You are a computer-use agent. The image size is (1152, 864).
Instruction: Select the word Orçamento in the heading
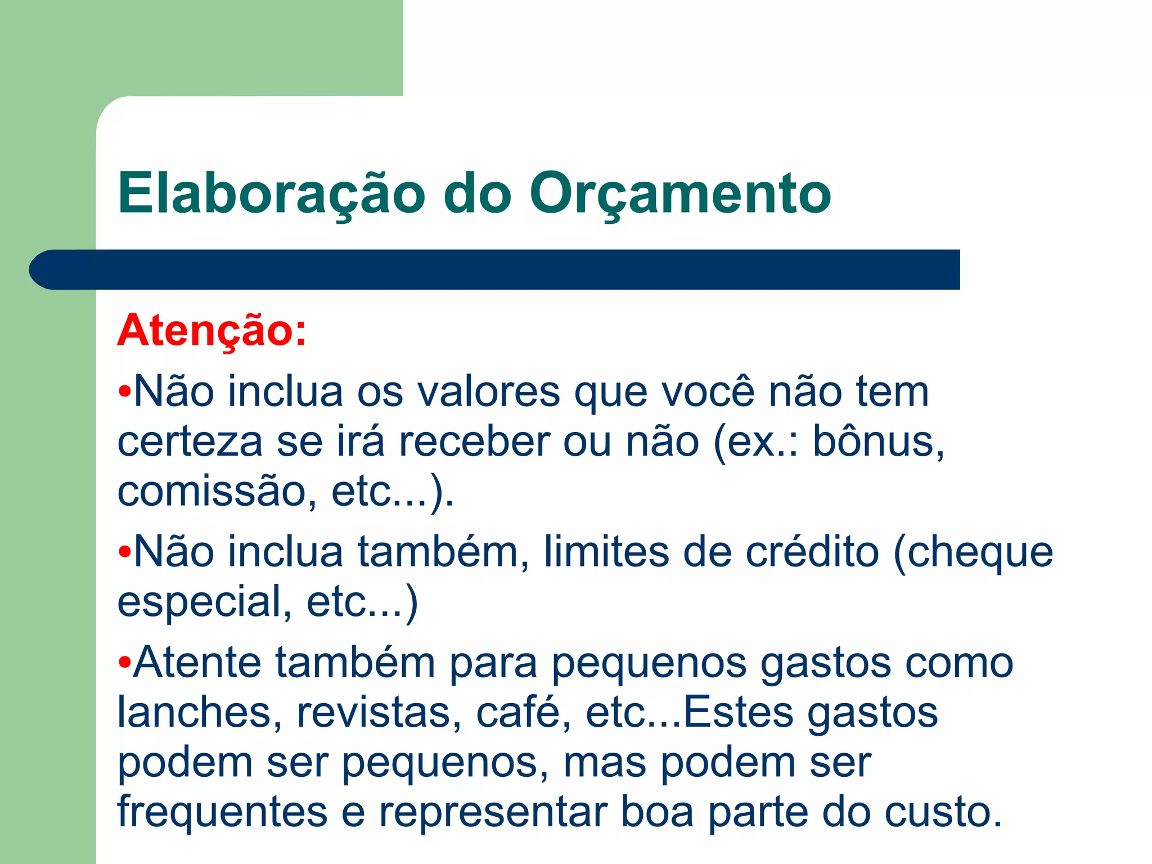[680, 194]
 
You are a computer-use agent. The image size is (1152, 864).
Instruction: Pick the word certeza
[190, 442]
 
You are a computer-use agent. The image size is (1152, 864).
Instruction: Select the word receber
[474, 442]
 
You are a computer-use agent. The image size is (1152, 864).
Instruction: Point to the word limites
[606, 552]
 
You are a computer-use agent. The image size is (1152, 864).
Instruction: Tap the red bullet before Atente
[124, 663]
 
